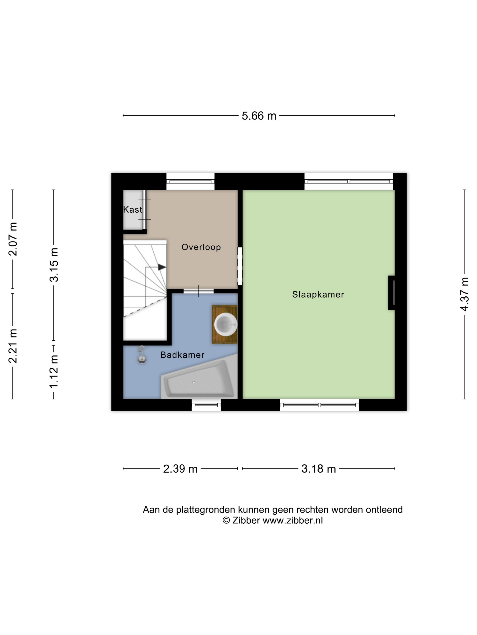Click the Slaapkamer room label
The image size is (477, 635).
318,295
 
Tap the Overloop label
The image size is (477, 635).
201,247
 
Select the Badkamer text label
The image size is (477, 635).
182,355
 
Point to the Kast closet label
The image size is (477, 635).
133,210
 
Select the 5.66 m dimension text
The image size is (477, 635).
259,116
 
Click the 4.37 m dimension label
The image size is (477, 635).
464,294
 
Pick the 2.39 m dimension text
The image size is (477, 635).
180,469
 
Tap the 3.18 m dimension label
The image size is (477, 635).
319,469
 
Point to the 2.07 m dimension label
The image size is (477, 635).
13,239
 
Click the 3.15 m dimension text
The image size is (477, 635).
54,265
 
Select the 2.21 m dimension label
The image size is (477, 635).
13,346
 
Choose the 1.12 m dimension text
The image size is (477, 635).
54,371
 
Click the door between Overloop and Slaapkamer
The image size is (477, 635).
240,266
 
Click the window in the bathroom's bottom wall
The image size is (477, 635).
206,405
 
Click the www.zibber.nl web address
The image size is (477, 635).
293,520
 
